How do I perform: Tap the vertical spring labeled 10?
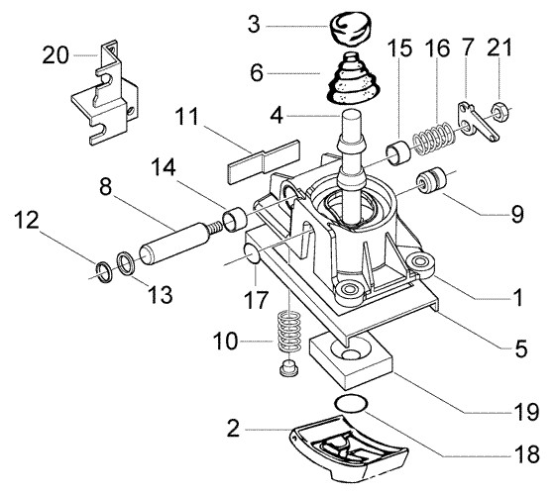(x=287, y=334)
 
